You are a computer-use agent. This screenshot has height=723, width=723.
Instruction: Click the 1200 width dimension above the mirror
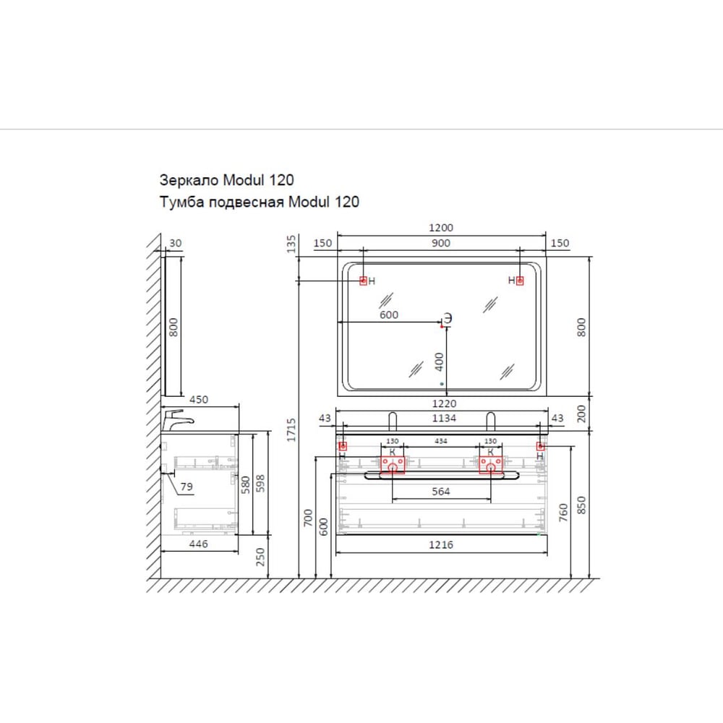point(441,227)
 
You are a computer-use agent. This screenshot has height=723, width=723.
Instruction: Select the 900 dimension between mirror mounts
point(441,243)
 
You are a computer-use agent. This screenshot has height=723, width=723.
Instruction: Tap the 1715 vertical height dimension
point(291,429)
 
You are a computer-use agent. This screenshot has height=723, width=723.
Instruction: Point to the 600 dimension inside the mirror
point(389,315)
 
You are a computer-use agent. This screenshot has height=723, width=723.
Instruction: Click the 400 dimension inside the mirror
point(439,362)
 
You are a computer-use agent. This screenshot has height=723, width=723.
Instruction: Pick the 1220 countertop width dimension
point(444,403)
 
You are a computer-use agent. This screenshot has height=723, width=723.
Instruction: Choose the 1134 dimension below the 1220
point(444,418)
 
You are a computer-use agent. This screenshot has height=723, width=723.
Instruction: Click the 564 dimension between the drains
point(441,492)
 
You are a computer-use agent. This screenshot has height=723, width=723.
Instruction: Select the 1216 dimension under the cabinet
point(441,544)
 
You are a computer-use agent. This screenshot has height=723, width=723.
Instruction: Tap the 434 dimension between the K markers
point(441,441)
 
